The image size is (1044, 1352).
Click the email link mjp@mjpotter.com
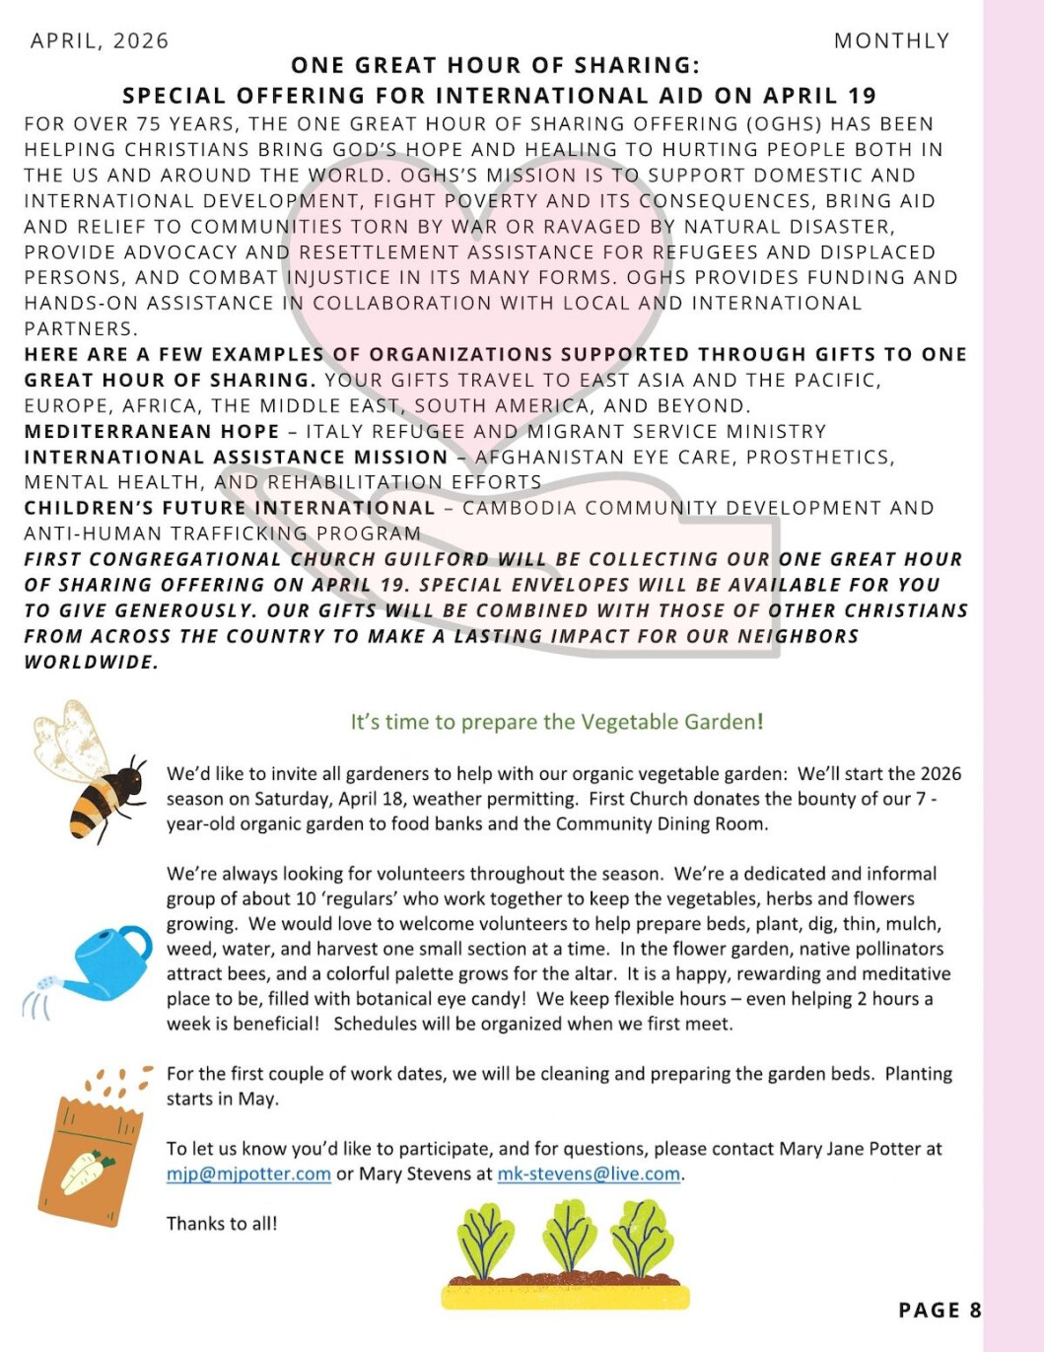tap(248, 1174)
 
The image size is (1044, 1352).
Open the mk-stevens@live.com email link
tap(589, 1174)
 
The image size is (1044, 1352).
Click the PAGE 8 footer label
tap(940, 1311)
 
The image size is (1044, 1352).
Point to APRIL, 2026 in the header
tap(100, 41)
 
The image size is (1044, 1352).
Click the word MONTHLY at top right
tap(891, 41)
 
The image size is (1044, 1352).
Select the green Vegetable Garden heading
tap(557, 722)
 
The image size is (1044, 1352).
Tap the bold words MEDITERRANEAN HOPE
tap(152, 432)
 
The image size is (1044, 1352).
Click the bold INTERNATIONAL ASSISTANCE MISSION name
tap(237, 458)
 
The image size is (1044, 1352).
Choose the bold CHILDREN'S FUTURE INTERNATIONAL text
tap(230, 509)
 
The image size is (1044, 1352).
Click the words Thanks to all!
tap(222, 1224)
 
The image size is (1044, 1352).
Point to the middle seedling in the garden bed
tap(569, 1239)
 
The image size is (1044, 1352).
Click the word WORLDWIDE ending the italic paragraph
tap(91, 663)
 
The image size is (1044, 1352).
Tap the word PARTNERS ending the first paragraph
tap(80, 329)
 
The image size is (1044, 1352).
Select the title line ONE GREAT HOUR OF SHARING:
tap(495, 66)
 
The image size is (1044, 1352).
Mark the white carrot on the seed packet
tap(87, 1172)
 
